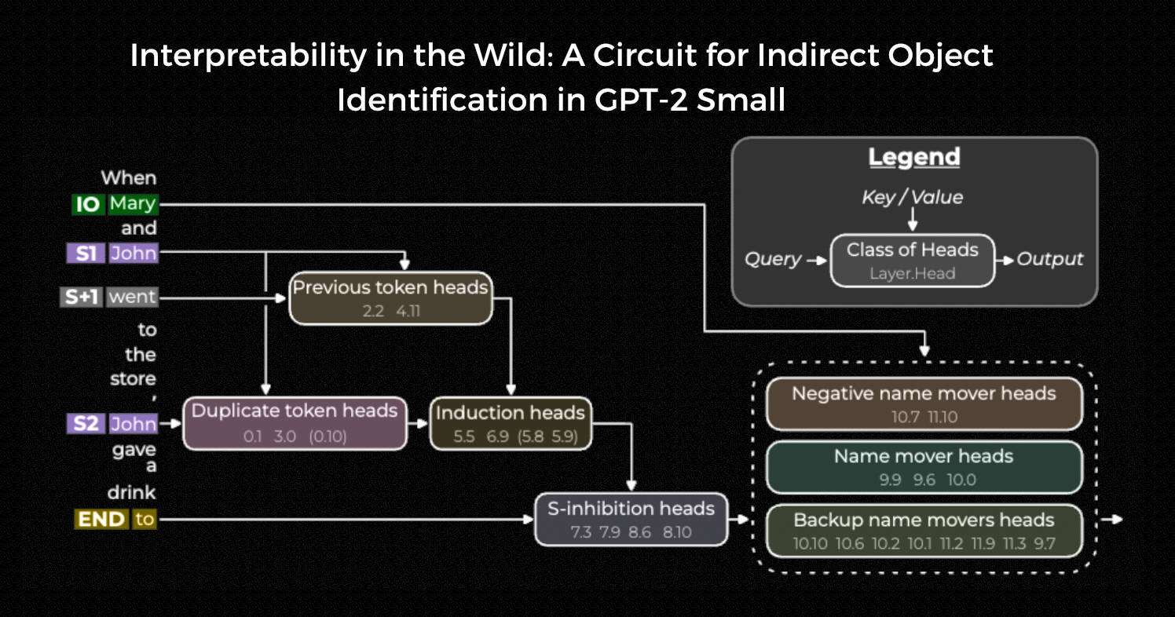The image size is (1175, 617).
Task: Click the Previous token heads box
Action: click(x=390, y=298)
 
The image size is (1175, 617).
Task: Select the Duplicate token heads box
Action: click(x=295, y=423)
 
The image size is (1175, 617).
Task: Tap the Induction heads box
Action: click(x=510, y=423)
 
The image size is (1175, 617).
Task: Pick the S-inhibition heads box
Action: click(x=631, y=519)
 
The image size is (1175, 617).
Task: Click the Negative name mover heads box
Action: click(x=924, y=404)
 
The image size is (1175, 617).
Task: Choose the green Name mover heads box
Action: click(x=924, y=467)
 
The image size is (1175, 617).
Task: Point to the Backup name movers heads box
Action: click(x=924, y=531)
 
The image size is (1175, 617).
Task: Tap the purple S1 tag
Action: click(x=86, y=254)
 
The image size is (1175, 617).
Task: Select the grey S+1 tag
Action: click(x=82, y=298)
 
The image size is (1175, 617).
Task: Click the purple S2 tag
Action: click(x=86, y=425)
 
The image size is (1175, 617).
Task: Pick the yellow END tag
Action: click(x=101, y=519)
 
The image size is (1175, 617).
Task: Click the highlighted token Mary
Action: click(x=133, y=205)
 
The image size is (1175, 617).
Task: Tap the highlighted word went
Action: click(x=132, y=298)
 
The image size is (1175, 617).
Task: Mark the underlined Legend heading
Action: click(x=914, y=158)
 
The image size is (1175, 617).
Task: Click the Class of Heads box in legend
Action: click(x=912, y=260)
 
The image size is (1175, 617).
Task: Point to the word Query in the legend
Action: click(x=773, y=260)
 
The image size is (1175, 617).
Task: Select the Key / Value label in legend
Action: click(x=912, y=197)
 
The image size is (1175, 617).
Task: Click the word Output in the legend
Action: click(x=1050, y=260)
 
